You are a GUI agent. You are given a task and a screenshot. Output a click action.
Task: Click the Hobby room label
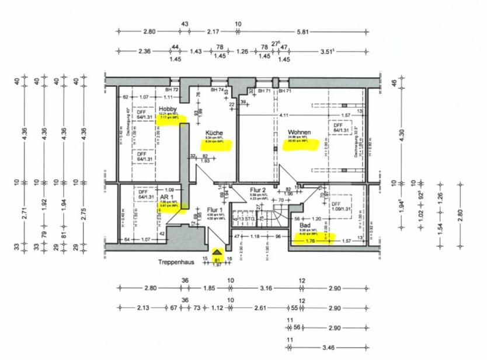[168, 109]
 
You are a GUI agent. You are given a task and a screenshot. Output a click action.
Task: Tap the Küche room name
[214, 133]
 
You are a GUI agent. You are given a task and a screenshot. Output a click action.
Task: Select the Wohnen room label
[298, 132]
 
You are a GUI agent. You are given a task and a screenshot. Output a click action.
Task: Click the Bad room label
[305, 225]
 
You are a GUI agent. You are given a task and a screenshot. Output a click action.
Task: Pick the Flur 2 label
[258, 190]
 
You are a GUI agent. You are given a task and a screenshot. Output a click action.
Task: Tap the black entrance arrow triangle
[217, 251]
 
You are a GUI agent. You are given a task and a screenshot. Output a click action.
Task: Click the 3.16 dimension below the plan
[266, 288]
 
